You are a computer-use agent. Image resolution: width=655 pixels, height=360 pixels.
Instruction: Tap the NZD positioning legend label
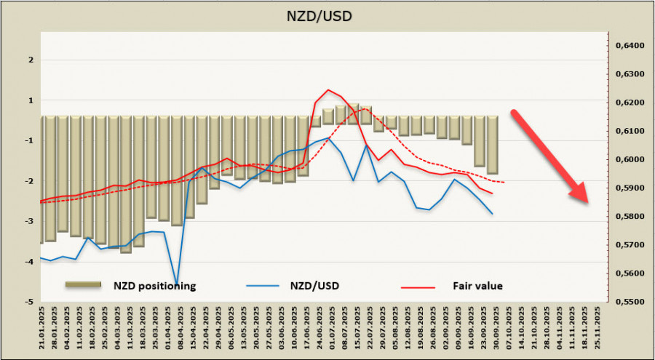tap(154, 286)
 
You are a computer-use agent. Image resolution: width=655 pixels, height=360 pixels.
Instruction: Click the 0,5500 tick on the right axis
tap(630, 302)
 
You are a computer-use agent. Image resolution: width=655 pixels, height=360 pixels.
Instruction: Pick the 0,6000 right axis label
tap(630, 159)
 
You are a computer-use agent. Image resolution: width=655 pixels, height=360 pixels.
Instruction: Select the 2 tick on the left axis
tap(29, 60)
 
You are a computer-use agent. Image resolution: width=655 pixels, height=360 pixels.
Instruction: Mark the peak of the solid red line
tap(329, 90)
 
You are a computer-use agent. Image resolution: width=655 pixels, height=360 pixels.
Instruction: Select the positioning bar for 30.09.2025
tap(493, 145)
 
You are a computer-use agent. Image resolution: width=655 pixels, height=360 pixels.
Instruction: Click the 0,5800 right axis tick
tap(630, 217)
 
